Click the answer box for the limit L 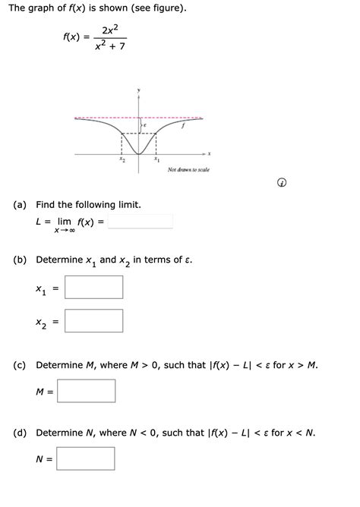click(x=141, y=222)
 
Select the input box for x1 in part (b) click(x=93, y=287)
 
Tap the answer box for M click(x=86, y=391)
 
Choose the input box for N click(x=85, y=458)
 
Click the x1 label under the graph click(x=156, y=161)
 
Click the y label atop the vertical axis click(x=139, y=90)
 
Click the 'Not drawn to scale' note click(x=188, y=170)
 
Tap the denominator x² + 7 click(x=110, y=47)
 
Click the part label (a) click(x=21, y=205)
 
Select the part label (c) click(x=21, y=365)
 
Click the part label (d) click(x=21, y=433)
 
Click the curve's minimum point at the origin click(x=139, y=153)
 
